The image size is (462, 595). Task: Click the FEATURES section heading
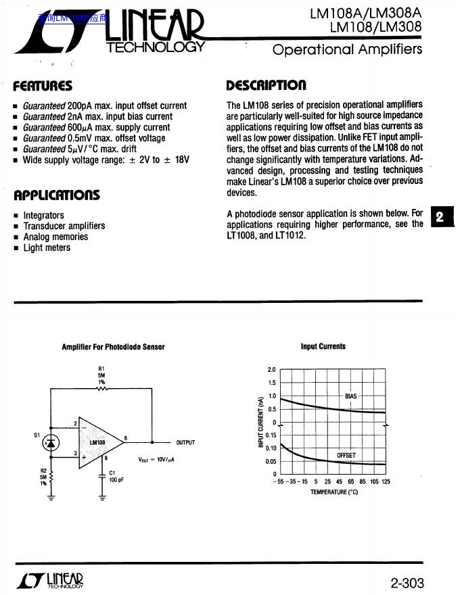point(43,86)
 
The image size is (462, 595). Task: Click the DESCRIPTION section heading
point(266,85)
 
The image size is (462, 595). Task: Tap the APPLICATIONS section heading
point(57,195)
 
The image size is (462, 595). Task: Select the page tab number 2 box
point(440,217)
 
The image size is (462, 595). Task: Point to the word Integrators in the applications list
point(43,216)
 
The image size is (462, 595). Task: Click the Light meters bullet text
point(47,247)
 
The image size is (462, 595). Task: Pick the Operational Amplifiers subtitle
point(347,49)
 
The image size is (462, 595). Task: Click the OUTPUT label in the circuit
point(185,443)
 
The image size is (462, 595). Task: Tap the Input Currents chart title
point(323,347)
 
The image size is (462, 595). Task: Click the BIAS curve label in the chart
point(350,396)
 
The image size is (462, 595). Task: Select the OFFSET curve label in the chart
point(346,456)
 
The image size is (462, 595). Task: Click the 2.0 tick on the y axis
point(271,370)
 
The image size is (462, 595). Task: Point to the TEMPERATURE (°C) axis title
point(333,492)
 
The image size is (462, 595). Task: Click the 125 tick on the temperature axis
point(386,482)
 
